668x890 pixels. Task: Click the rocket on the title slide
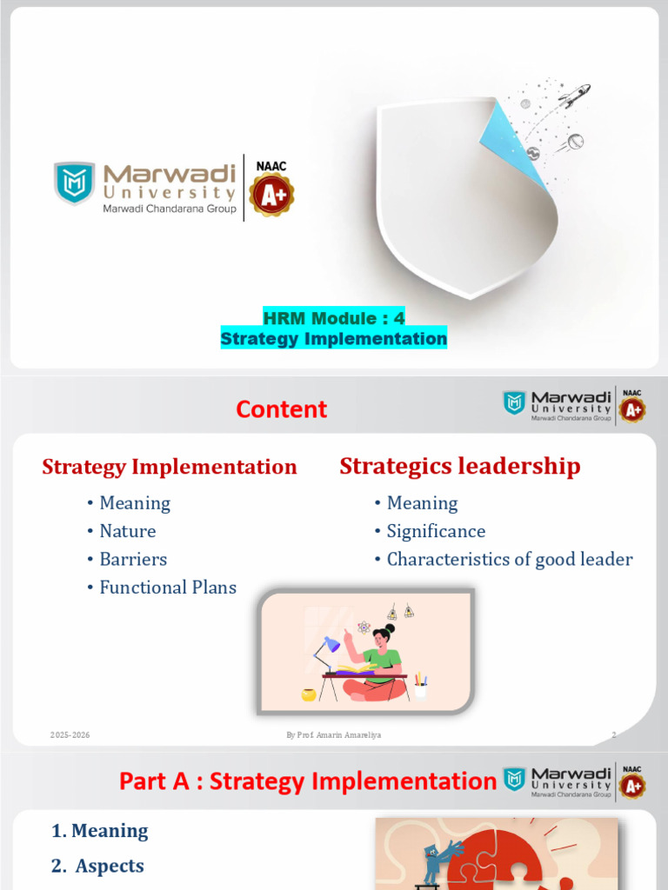574,96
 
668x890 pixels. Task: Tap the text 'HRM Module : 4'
334,318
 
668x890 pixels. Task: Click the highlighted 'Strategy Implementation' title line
334,338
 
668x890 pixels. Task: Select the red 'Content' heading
283,409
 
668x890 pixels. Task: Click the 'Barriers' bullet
133,559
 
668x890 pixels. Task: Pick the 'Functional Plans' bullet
168,587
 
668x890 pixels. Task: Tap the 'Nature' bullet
128,531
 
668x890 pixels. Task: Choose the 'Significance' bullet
436,531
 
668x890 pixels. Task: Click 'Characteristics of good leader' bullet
510,559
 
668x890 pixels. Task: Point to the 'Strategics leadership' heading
459,466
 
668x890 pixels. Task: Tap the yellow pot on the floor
308,694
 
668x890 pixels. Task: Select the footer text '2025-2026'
70,735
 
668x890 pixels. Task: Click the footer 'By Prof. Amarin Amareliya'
334,735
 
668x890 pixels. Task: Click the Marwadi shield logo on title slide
75,183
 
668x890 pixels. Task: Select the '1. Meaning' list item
99,831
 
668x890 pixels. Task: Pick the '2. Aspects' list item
98,866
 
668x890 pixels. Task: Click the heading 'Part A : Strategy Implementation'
307,781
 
